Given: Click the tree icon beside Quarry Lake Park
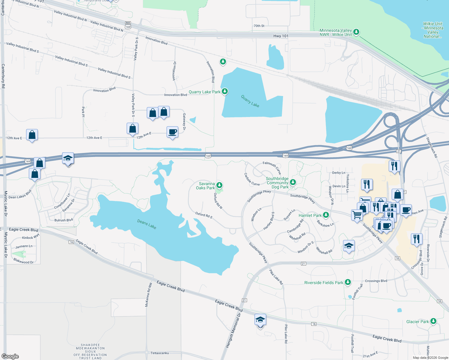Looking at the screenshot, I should pyautogui.click(x=224, y=91).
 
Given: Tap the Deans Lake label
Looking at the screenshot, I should pyautogui.click(x=146, y=224).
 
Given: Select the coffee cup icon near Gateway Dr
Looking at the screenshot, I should pyautogui.click(x=173, y=132).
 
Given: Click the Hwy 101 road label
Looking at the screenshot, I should pyautogui.click(x=281, y=36).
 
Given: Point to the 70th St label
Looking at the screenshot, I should pyautogui.click(x=259, y=26).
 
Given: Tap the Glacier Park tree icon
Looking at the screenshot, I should pyautogui.click(x=433, y=321).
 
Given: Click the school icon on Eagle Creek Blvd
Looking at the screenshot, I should pyautogui.click(x=260, y=320).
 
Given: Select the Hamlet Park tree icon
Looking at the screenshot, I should pyautogui.click(x=326, y=215).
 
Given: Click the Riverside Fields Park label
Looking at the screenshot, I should pyautogui.click(x=324, y=283).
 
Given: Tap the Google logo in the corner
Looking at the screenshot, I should pyautogui.click(x=10, y=356).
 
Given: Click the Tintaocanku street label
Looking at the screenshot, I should pyautogui.click(x=160, y=353).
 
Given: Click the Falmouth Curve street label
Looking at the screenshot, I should pyautogui.click(x=272, y=167).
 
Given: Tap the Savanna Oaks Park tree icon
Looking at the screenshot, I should pyautogui.click(x=219, y=185).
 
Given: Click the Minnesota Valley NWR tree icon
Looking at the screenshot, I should pyautogui.click(x=356, y=32).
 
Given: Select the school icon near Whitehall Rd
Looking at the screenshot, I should pyautogui.click(x=349, y=246).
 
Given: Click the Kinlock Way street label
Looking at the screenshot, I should pyautogui.click(x=31, y=237).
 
